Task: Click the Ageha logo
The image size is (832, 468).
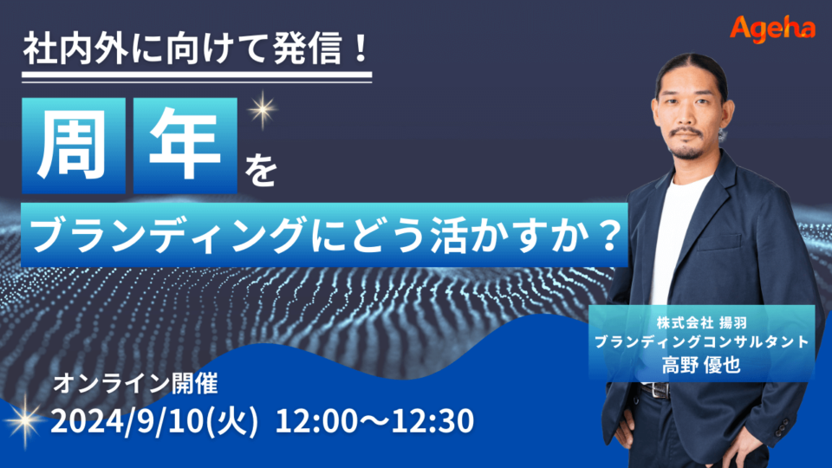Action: tap(772, 28)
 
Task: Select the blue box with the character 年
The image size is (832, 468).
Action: tap(185, 146)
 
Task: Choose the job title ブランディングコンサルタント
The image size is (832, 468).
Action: tap(700, 341)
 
